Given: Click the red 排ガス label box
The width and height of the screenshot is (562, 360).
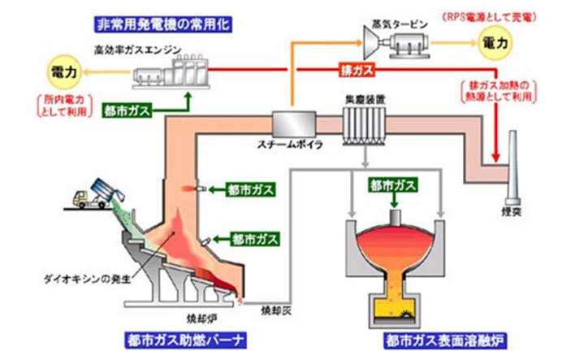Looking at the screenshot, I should pos(357,72).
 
